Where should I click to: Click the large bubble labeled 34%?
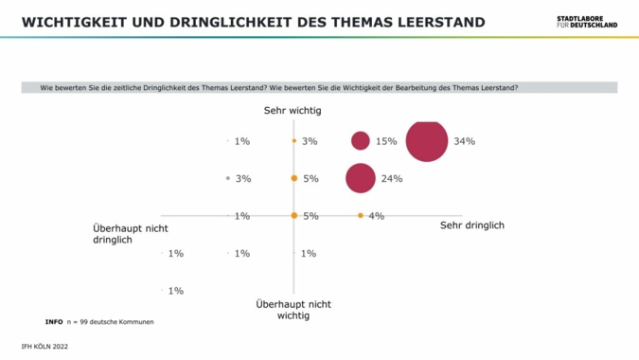(426, 141)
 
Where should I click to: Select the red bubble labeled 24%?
(360, 178)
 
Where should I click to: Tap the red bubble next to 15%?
(360, 141)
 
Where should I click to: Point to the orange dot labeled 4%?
(360, 216)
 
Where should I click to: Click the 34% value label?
(464, 141)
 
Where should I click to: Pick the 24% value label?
(392, 178)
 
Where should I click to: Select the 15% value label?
(385, 141)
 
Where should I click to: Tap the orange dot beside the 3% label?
(294, 141)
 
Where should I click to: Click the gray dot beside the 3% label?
(228, 178)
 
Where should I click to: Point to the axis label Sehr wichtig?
(293, 111)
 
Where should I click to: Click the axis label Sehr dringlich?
(472, 225)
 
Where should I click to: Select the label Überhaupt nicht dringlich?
(131, 233)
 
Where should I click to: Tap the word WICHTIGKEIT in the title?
(68, 22)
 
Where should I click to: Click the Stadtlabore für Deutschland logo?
(587, 21)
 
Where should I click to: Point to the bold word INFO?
(54, 322)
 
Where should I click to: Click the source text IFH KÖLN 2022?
(44, 347)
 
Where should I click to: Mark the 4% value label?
(376, 216)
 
